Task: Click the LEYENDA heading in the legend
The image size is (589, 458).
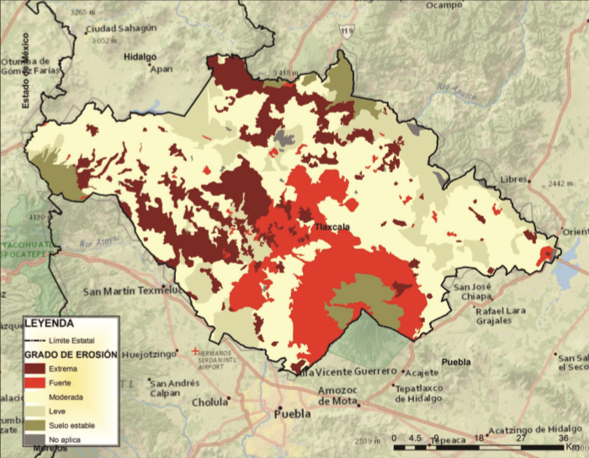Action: coord(49,322)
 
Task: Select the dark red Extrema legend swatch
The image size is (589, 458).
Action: coord(34,368)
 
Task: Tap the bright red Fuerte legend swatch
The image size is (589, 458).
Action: coord(34,382)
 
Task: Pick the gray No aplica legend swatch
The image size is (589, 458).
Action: coord(34,439)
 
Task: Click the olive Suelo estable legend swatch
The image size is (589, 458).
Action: coord(34,425)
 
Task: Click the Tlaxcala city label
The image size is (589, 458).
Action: coord(331,227)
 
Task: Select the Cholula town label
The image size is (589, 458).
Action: coord(210,402)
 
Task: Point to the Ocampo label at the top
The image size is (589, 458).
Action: coord(444,5)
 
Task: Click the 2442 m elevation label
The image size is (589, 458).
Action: coord(559,184)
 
